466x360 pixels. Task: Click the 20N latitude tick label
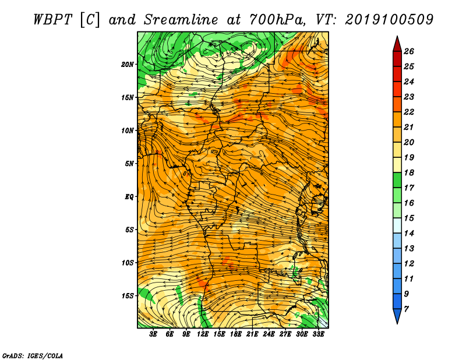click(x=128, y=65)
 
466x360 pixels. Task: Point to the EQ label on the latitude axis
click(x=129, y=197)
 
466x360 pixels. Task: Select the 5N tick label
click(x=129, y=164)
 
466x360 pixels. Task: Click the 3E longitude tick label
click(x=153, y=334)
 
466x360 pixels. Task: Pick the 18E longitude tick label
click(x=236, y=334)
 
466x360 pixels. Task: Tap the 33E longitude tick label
click(x=318, y=334)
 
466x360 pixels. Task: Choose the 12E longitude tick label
click(x=203, y=334)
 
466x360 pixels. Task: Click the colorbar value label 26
click(x=409, y=51)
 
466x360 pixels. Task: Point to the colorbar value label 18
click(x=409, y=172)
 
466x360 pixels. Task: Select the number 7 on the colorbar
click(x=406, y=309)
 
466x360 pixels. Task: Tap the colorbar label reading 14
click(x=409, y=234)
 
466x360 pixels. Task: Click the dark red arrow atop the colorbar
click(x=397, y=44)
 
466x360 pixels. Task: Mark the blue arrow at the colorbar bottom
click(x=397, y=316)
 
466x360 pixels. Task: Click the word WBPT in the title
click(x=52, y=20)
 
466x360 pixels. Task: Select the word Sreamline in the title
click(x=181, y=20)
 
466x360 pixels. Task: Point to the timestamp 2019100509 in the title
click(x=389, y=20)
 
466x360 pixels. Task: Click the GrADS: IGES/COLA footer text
click(x=33, y=356)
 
